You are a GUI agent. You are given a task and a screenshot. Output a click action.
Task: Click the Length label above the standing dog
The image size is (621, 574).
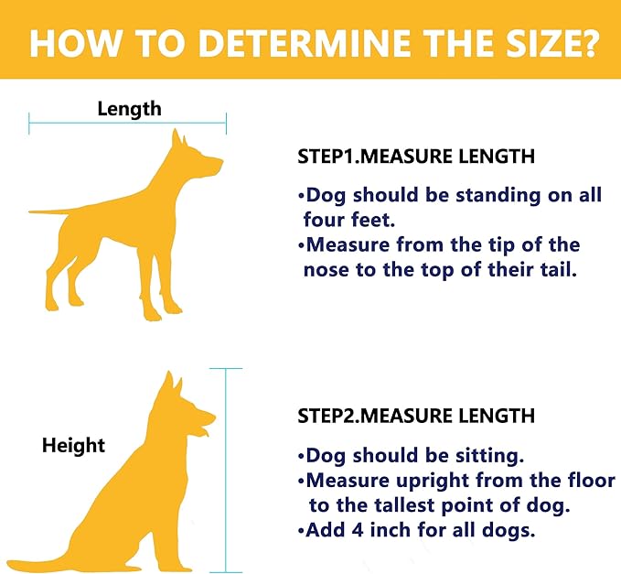(x=130, y=109)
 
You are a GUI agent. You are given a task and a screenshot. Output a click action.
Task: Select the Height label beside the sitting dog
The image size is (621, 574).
(x=74, y=445)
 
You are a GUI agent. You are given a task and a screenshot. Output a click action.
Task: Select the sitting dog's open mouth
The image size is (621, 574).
(x=204, y=430)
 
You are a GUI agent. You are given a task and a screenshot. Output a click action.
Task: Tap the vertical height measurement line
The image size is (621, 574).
(x=226, y=471)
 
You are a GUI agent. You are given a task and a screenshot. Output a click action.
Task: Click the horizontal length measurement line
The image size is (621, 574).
(x=127, y=124)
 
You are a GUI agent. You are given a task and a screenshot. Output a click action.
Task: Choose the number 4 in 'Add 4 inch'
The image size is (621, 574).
(x=358, y=530)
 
